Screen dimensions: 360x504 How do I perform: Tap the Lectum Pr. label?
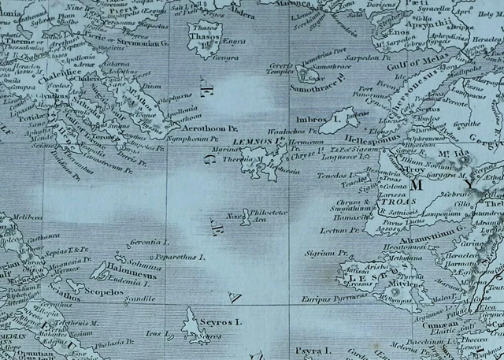(x=341, y=230)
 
